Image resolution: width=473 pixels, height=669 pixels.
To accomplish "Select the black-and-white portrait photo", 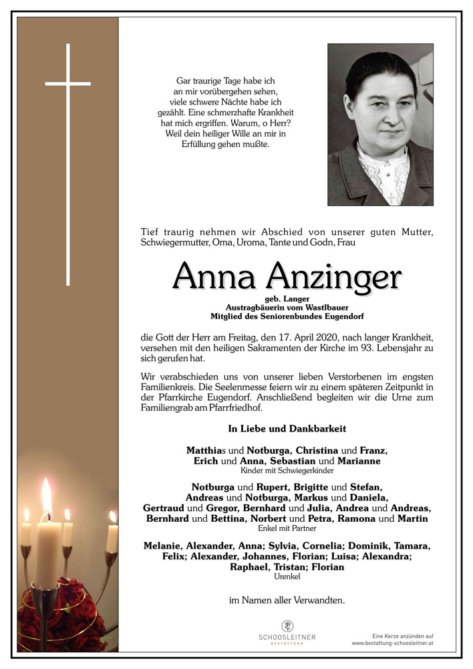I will click(380, 124).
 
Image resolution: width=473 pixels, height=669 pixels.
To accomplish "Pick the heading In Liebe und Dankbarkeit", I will click(287, 428).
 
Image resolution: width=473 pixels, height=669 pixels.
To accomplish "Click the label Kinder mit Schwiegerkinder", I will click(287, 471).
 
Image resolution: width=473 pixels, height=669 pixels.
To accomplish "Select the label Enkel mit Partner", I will click(287, 529).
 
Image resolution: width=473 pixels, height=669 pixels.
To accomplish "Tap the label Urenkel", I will click(287, 577).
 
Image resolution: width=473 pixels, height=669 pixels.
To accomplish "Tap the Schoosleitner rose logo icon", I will click(287, 626).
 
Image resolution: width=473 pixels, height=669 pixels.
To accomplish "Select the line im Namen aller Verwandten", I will click(287, 601).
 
